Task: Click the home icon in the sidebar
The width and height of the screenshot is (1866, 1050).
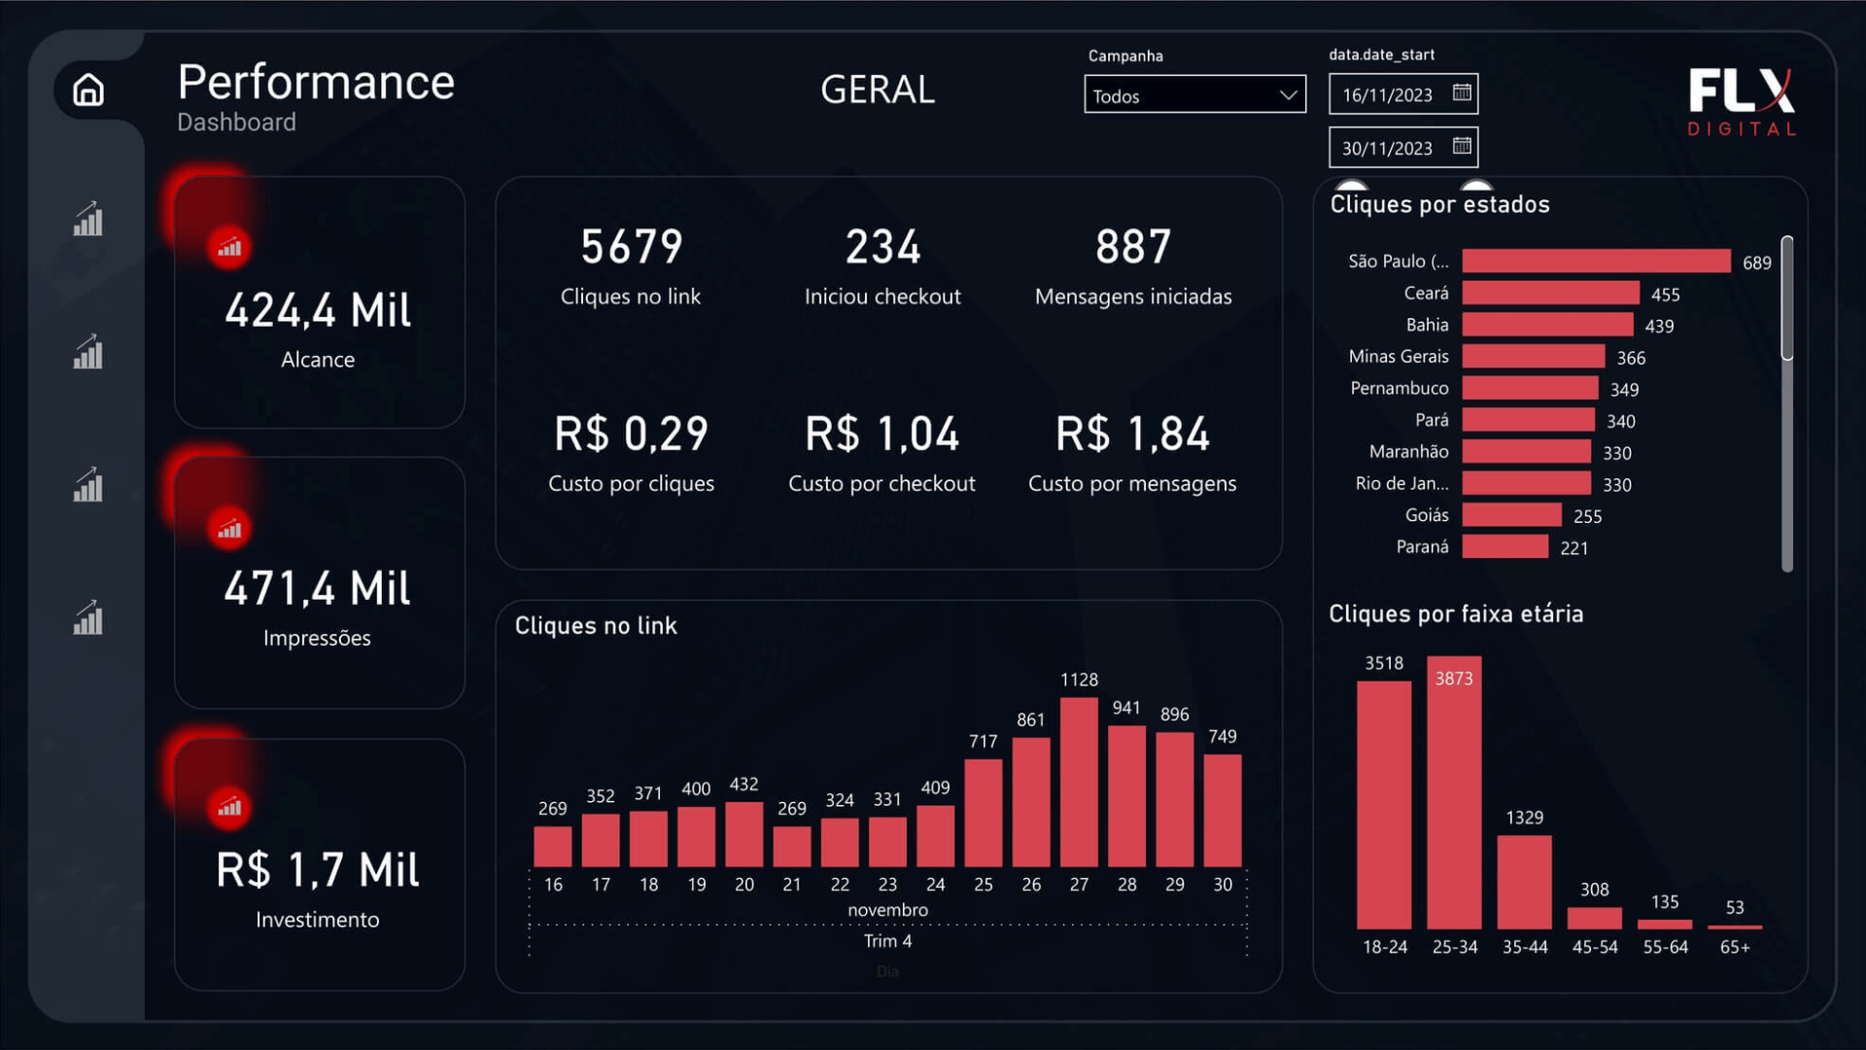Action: tap(88, 89)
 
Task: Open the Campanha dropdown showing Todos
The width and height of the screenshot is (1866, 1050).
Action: tap(1194, 95)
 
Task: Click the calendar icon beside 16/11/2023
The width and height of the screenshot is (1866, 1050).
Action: tap(1462, 93)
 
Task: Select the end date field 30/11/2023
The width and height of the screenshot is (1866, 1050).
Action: tap(1388, 148)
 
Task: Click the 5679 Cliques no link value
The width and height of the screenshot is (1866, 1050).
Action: tap(632, 247)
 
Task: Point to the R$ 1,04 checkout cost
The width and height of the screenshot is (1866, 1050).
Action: tap(881, 434)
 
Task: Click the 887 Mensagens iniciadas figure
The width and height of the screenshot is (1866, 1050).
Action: tap(1133, 247)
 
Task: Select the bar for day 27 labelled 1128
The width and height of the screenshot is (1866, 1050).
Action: tap(1079, 783)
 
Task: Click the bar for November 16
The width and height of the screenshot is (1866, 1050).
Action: tap(553, 846)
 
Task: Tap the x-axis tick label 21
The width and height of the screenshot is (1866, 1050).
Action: tap(792, 885)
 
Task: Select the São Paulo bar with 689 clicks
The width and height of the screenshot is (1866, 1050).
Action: tap(1596, 262)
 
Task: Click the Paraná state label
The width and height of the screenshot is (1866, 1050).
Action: tap(1422, 547)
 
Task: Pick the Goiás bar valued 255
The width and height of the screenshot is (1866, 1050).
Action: tap(1511, 515)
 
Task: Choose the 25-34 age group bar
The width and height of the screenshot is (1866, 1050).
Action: tap(1454, 792)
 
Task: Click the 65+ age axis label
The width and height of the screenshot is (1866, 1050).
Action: tap(1735, 947)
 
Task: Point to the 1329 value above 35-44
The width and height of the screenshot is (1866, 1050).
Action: tap(1524, 818)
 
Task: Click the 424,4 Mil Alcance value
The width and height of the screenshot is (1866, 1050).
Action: tap(318, 311)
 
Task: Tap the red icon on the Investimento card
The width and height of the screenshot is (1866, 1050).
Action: tap(229, 808)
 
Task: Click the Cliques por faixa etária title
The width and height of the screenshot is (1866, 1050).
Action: tap(1456, 614)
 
